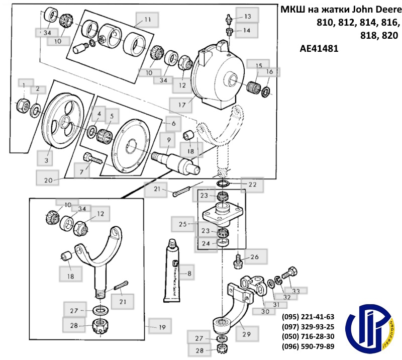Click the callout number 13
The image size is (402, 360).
point(247,17)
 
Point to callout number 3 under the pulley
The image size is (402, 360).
point(46,160)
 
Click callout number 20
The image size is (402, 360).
point(48,178)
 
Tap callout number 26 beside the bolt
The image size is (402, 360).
point(254,257)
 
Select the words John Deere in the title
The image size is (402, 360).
point(374,10)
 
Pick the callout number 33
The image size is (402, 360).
point(295,291)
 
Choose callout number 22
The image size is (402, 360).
point(252,185)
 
